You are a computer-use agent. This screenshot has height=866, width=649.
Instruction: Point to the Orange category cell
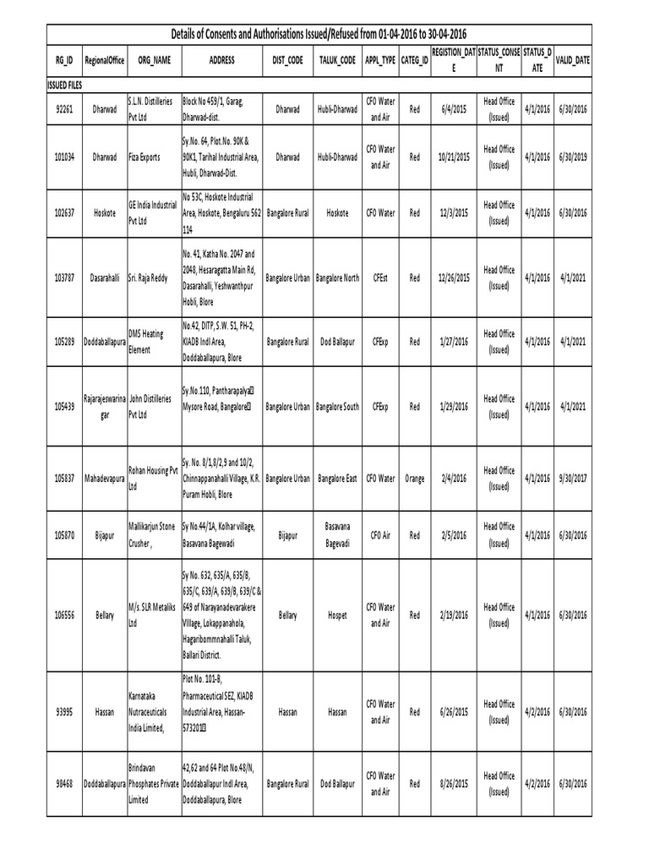(x=414, y=478)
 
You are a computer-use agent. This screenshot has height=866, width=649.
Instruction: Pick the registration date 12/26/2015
(x=455, y=277)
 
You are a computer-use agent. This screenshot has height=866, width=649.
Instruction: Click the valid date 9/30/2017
(x=571, y=478)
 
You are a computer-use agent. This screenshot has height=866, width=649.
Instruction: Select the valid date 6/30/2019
(x=571, y=156)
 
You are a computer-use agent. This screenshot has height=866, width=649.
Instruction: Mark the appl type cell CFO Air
(x=379, y=534)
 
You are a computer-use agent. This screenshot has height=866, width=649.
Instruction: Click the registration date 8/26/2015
(x=455, y=784)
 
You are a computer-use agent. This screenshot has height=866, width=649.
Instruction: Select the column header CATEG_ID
(x=414, y=62)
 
